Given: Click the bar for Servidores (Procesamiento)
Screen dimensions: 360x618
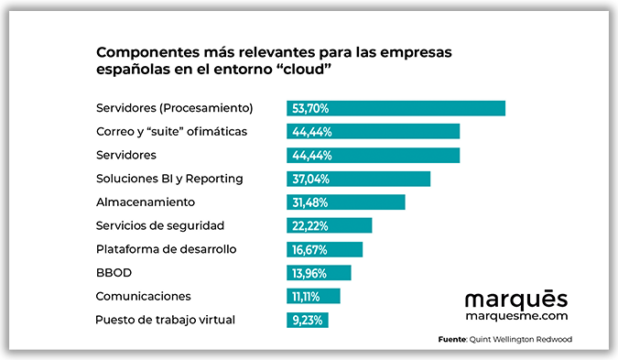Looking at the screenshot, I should click(x=396, y=108).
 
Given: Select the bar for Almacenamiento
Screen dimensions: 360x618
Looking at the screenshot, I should click(x=345, y=202).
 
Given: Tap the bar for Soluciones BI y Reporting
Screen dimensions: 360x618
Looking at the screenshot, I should click(x=358, y=179).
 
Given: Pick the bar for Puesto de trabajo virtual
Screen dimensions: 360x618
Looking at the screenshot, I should click(x=307, y=320).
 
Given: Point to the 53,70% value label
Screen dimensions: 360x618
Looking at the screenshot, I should click(x=310, y=108).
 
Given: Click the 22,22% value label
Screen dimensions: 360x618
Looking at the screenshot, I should click(x=310, y=225).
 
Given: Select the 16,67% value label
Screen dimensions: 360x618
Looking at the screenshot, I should click(x=310, y=249).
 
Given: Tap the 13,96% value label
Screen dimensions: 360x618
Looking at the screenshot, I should click(x=310, y=273).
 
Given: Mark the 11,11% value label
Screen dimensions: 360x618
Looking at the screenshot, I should click(x=309, y=296).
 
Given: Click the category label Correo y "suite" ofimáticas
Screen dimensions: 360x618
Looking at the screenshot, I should click(x=171, y=131).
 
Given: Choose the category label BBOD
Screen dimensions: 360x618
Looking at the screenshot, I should click(x=114, y=272).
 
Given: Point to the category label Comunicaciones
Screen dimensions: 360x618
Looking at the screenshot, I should click(x=143, y=296).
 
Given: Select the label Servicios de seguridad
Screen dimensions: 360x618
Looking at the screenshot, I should click(x=160, y=225).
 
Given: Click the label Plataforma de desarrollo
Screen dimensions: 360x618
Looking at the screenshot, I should click(x=167, y=249).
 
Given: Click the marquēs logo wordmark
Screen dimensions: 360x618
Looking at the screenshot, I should click(x=515, y=299).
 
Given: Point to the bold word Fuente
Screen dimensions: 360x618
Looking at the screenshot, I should click(x=452, y=340).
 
